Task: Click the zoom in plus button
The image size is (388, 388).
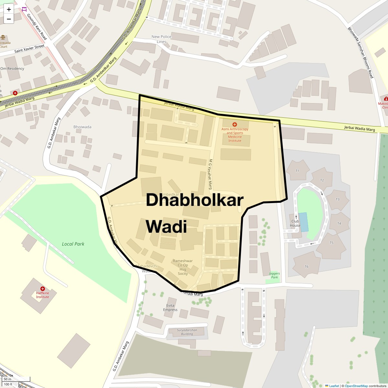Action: click(x=9, y=9)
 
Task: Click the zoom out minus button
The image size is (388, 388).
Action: click(x=9, y=19)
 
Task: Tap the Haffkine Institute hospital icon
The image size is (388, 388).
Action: click(x=42, y=288)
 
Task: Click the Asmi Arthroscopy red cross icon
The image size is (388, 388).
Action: click(x=235, y=124)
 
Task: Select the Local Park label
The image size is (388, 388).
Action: click(x=73, y=244)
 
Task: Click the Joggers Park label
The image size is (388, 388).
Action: click(x=274, y=275)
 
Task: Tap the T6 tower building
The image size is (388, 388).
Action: click(x=306, y=266)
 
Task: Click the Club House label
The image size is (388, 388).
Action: click(x=295, y=223)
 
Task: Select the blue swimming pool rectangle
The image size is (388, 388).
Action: click(x=303, y=222)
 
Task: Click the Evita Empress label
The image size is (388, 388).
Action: click(x=170, y=307)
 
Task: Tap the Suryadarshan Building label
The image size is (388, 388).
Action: click(x=187, y=332)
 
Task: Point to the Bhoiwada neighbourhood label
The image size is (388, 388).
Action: click(x=82, y=127)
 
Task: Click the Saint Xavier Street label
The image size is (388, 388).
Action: click(x=29, y=49)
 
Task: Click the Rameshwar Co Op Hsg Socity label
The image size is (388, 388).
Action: click(x=183, y=267)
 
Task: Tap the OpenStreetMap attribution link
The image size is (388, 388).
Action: click(x=356, y=386)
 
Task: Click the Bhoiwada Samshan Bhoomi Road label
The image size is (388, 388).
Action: click(x=361, y=52)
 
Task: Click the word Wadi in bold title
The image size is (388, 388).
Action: click(x=166, y=226)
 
